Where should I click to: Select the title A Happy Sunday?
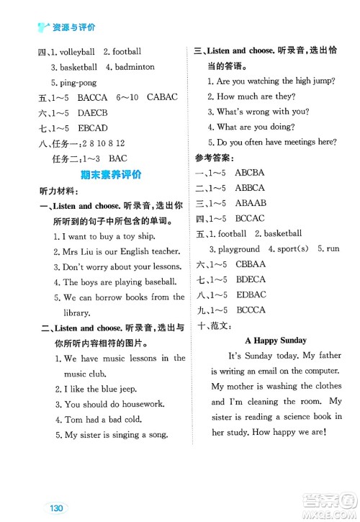[x=275, y=340]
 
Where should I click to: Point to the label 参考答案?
[x=217, y=157]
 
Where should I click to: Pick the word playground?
[x=240, y=248]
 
